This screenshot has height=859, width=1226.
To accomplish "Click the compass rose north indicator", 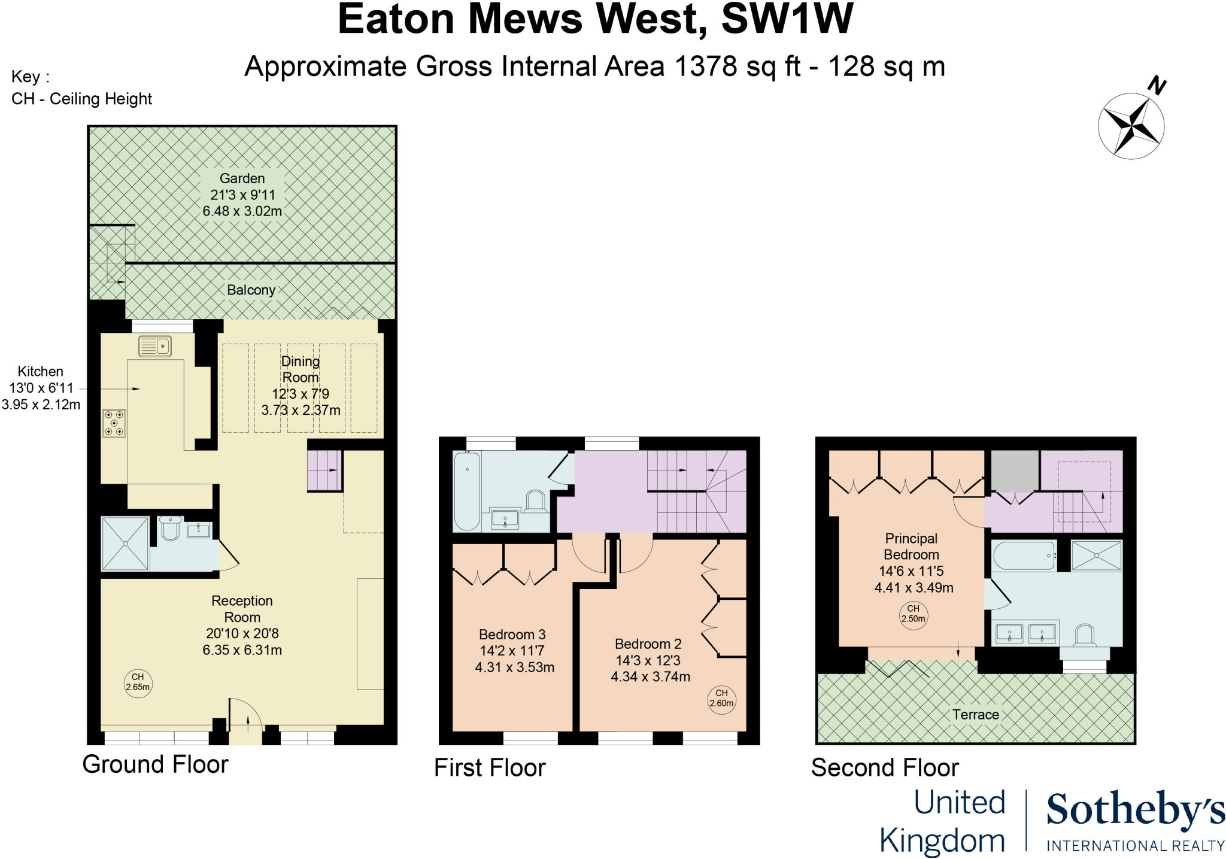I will [1131, 125].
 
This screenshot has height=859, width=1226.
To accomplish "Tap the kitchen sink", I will [155, 346].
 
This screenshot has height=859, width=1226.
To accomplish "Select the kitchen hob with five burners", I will [114, 423].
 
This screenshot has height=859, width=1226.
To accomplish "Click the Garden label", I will [242, 178].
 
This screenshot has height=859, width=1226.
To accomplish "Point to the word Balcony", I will [251, 290].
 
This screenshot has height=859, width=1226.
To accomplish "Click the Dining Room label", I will [301, 369].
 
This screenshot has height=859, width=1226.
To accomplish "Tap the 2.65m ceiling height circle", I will [138, 682].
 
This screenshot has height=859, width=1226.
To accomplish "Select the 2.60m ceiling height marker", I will [721, 699].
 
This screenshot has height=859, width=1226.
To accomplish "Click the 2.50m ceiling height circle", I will [913, 614].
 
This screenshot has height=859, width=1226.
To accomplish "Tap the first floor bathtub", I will [467, 491].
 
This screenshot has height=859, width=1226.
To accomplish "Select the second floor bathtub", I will [1024, 556].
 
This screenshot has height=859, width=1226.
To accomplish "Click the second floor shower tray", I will [1096, 556].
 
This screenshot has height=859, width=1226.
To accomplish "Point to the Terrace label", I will [976, 715].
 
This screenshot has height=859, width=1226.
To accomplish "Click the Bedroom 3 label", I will [512, 635].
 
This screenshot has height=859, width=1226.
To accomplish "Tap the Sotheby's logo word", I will [1135, 811].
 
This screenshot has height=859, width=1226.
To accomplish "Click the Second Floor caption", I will [885, 768].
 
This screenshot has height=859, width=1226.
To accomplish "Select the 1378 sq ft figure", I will [737, 66].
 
